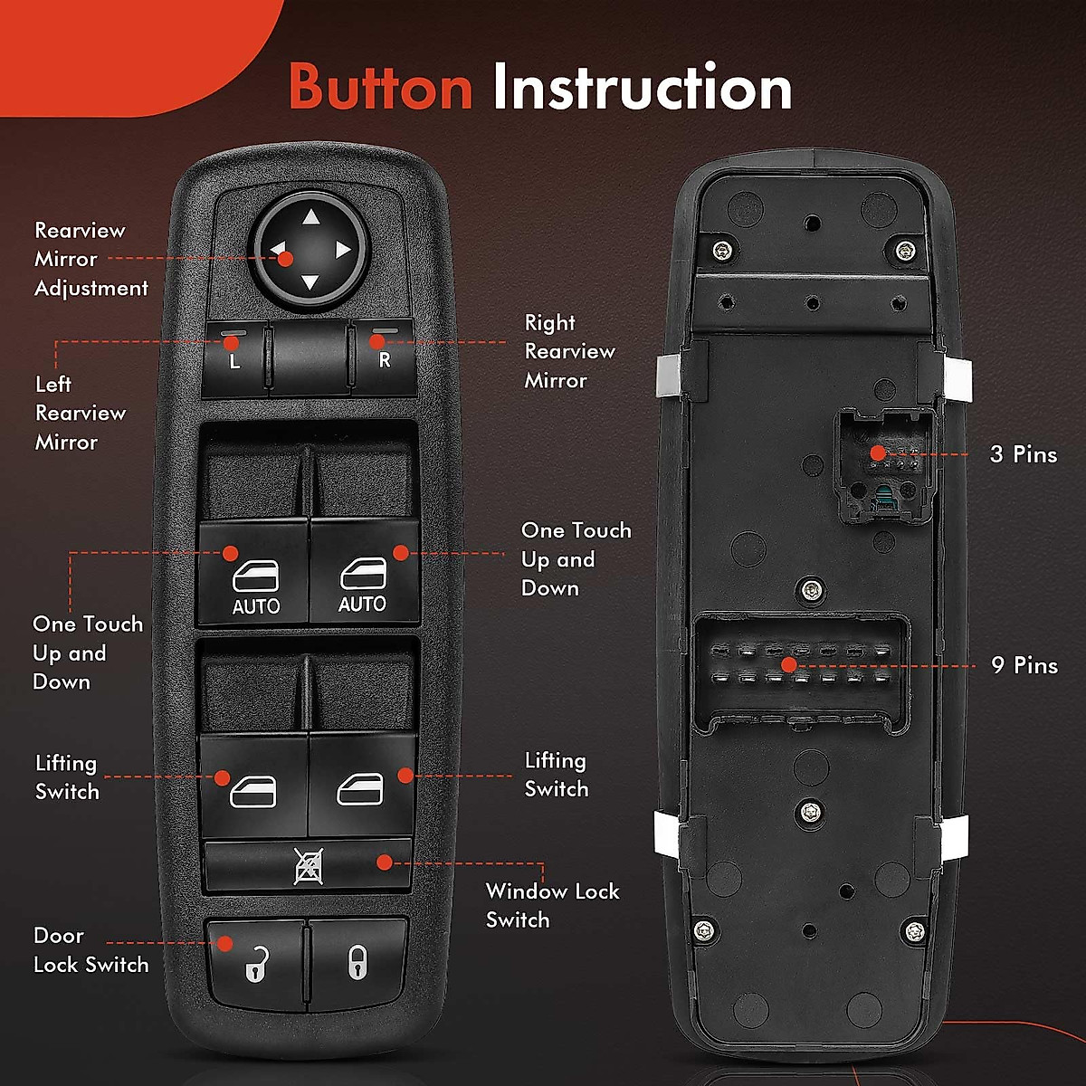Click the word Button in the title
pyautogui.click(x=380, y=88)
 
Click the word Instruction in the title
pyautogui.click(x=642, y=88)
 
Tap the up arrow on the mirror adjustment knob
pyautogui.click(x=310, y=217)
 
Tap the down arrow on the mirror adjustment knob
pyautogui.click(x=310, y=282)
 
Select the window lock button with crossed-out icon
pyautogui.click(x=308, y=866)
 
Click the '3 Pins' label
pyautogui.click(x=1024, y=454)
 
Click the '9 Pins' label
pyautogui.click(x=1024, y=665)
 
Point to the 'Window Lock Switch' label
pyautogui.click(x=552, y=905)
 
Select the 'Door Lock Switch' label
pyautogui.click(x=90, y=949)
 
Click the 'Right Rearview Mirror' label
pyautogui.click(x=569, y=351)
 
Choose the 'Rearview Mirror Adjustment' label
pyautogui.click(x=90, y=259)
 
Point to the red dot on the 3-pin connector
pyautogui.click(x=876, y=452)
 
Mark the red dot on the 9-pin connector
pyautogui.click(x=788, y=665)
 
